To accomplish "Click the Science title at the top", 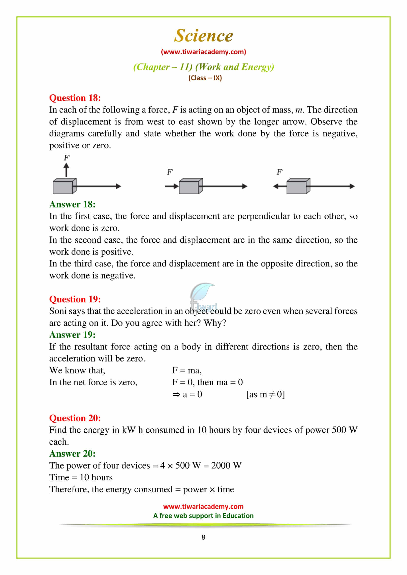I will point(203,36).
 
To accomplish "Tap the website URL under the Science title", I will point(203,52).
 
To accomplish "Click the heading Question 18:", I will point(75,98).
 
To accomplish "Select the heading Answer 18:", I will point(72,204).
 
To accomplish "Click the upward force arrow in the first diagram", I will point(66,170).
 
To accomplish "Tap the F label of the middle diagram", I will point(170,172).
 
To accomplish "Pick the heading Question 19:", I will point(75,299).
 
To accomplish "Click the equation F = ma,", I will point(187,370).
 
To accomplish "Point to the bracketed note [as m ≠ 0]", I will point(266,394).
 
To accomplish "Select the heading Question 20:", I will point(75,418).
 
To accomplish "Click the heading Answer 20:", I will point(72,454).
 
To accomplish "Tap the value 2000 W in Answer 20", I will point(226,466).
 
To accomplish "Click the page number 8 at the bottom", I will point(203,537).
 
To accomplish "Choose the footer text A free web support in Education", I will point(203,516).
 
